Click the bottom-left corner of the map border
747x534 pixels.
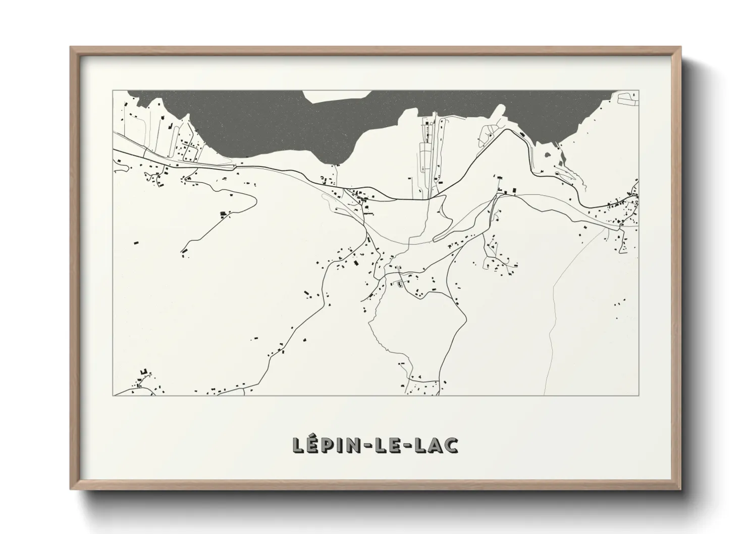(113, 395)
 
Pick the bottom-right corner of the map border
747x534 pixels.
(639, 395)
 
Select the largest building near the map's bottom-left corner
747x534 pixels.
(143, 372)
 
